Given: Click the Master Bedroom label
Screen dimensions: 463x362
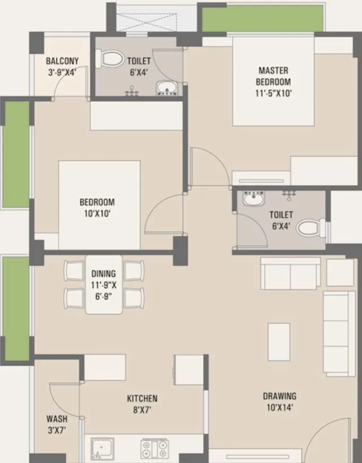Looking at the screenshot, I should point(273,82).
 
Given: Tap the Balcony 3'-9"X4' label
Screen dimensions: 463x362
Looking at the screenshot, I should point(62,66).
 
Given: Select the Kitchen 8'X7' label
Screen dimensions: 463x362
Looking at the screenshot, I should point(142,404).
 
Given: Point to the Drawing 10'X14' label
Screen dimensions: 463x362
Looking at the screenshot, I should point(279,401).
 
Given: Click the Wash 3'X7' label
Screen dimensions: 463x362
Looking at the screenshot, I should point(57,425).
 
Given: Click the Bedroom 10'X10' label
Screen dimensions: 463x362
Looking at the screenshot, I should point(97,207).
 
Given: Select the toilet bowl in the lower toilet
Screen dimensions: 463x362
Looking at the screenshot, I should point(309,228).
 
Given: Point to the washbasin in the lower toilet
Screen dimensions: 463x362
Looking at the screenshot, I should point(253,199).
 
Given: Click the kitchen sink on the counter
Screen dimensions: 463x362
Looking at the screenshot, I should point(102,448).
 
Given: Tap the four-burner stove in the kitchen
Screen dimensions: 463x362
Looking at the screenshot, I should point(154,449).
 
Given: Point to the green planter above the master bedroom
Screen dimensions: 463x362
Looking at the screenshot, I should point(262,18).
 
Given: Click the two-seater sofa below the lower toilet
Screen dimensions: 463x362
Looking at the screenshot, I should point(290,273).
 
